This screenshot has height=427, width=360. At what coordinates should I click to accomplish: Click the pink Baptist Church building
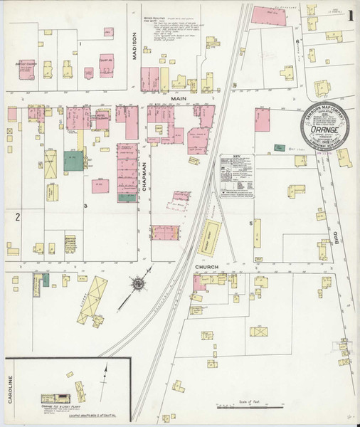pos(26,68)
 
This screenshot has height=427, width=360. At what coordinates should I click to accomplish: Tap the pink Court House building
pos(107,65)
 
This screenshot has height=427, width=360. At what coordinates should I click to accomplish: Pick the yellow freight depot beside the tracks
pos(209,237)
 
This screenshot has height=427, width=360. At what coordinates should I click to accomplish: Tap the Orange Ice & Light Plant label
pos(58,406)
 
